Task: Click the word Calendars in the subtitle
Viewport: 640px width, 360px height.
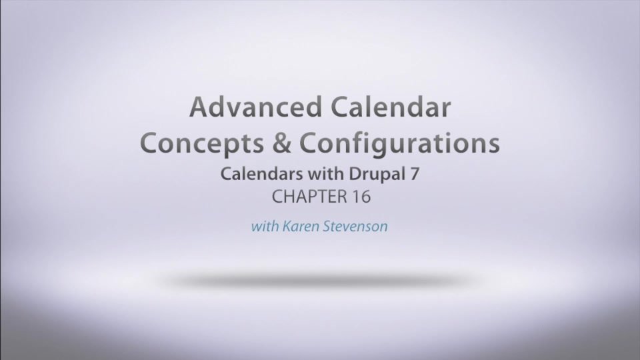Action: pyautogui.click(x=255, y=175)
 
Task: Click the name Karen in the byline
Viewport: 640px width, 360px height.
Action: pyautogui.click(x=299, y=226)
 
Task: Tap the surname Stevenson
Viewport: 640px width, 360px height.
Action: pyautogui.click(x=355, y=226)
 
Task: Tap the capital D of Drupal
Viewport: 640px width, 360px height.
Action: pyautogui.click(x=352, y=175)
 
